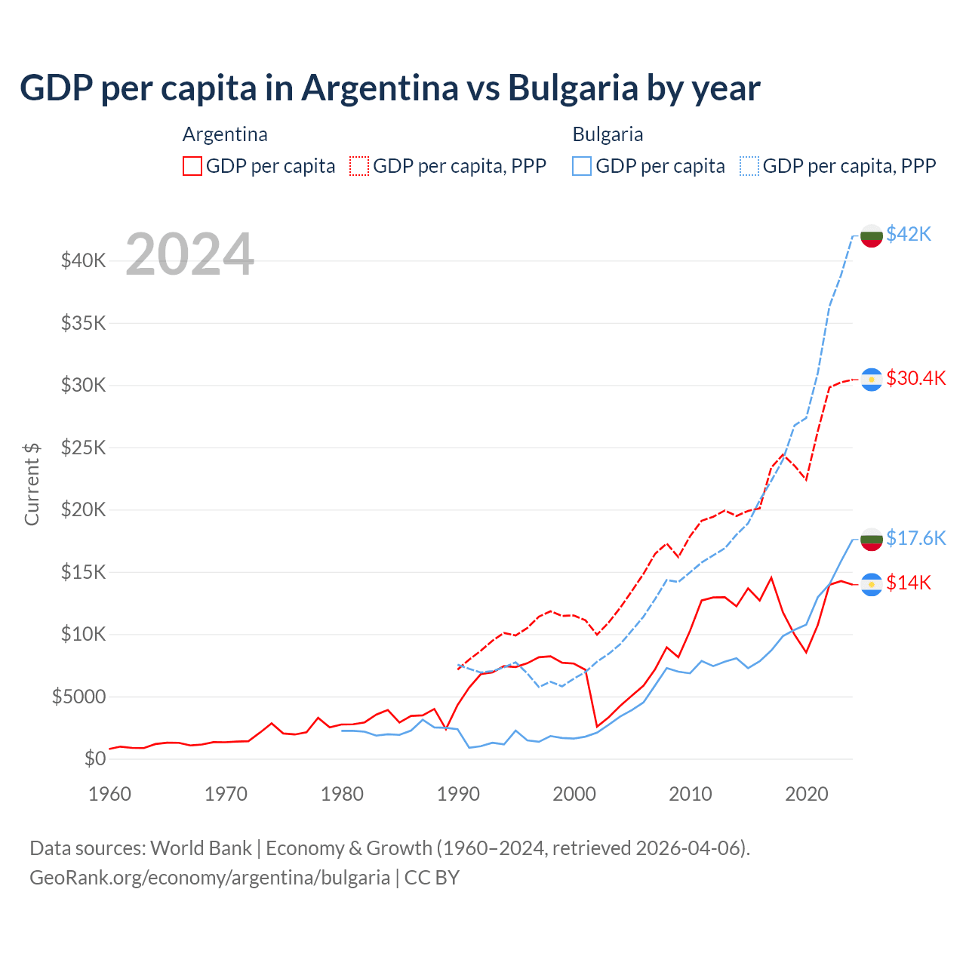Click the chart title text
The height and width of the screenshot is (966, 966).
coord(389,88)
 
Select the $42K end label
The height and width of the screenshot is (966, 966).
coord(909,234)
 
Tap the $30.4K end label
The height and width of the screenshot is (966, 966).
coord(915,378)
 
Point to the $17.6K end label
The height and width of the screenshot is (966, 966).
coord(915,538)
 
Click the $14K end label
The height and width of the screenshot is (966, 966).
coord(909,583)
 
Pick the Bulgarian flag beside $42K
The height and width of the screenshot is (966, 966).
coord(872,235)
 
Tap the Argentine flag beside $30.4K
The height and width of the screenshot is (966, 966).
coord(872,379)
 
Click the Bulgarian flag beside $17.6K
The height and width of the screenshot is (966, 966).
coord(872,539)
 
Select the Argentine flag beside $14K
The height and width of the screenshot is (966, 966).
coord(872,584)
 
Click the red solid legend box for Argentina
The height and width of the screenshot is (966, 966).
coord(192,166)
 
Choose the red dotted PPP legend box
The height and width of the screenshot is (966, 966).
coord(359,166)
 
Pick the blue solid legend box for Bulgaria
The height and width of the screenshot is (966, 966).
coord(582,166)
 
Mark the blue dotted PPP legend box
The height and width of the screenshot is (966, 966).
coord(749,166)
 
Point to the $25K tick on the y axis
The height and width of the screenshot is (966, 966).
coord(84,448)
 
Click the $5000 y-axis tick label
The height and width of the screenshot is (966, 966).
coord(78,697)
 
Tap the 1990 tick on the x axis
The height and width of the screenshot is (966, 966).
coord(458,794)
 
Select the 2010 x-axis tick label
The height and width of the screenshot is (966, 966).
coord(691,794)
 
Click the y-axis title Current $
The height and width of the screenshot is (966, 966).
coord(32,484)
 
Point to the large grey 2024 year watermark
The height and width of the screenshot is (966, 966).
coord(189,254)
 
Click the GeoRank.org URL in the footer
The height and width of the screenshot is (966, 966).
coord(210,878)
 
